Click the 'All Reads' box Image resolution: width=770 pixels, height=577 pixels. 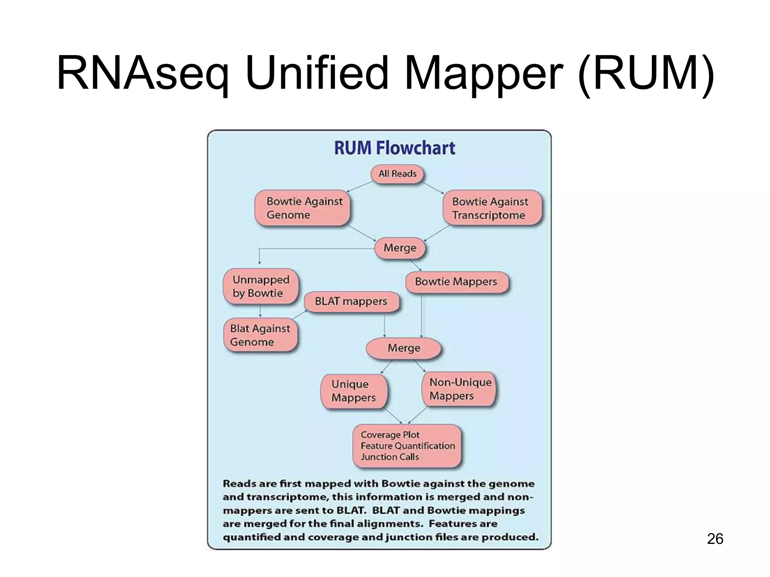(x=397, y=174)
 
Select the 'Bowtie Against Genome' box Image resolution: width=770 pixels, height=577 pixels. (x=302, y=208)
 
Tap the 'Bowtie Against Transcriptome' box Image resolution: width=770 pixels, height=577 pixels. (x=493, y=208)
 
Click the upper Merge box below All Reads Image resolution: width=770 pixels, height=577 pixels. (x=400, y=248)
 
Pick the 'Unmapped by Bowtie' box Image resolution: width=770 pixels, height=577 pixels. (x=261, y=286)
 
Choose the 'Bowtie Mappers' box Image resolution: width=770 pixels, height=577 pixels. (x=456, y=282)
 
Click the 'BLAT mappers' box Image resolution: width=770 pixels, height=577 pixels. (x=351, y=301)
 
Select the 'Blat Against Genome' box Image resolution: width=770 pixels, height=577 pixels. (x=261, y=335)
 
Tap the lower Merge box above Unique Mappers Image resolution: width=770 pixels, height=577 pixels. (x=404, y=348)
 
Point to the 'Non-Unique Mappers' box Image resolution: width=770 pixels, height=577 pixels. (x=459, y=389)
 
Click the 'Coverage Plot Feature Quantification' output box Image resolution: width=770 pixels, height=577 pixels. (x=407, y=446)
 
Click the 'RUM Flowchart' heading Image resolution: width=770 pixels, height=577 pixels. (x=394, y=148)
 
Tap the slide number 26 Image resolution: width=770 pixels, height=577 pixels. (x=715, y=539)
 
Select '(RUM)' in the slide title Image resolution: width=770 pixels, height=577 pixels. (x=645, y=73)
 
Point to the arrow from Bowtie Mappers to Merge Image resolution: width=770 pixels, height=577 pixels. (x=421, y=316)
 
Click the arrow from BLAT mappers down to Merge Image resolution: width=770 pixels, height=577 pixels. (x=384, y=325)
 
